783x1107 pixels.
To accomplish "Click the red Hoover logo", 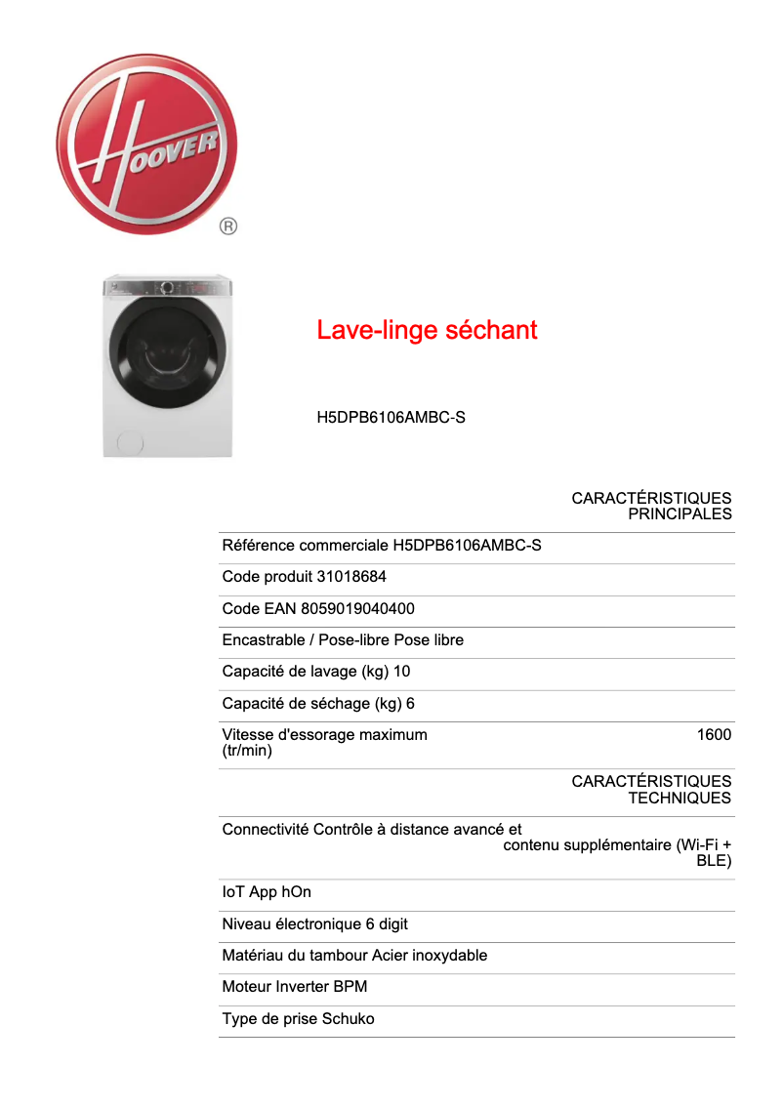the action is pos(146,143).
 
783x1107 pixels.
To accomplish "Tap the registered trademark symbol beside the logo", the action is pos(227,226).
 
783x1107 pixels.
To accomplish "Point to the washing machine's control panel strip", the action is pos(168,288).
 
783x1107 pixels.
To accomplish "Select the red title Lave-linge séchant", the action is pos(427,330).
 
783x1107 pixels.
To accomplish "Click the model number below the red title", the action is pos(391,418).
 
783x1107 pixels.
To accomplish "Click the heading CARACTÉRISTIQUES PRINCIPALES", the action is pos(651,506).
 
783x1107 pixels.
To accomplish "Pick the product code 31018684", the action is pos(351,577).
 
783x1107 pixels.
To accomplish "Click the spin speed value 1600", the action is pos(714,734).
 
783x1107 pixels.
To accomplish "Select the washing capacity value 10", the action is pos(401,672).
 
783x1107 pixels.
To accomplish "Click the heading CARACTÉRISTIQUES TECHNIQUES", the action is pos(651,789).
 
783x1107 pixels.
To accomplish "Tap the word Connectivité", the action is pos(266,830).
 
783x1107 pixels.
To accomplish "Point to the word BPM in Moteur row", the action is pos(350,986).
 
